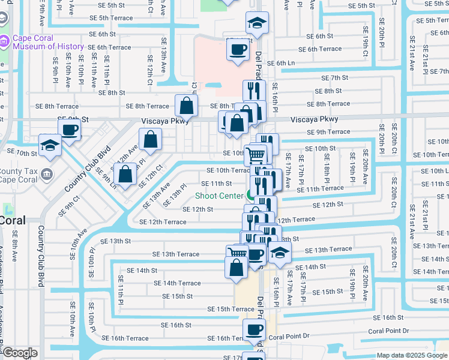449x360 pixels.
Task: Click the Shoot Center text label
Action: [x=218, y=196]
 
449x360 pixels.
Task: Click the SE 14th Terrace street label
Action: [x=177, y=283]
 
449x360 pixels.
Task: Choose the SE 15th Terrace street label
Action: [x=231, y=309]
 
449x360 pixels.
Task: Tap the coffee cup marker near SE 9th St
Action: [x=69, y=128]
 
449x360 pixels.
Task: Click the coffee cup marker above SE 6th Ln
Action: [x=238, y=49]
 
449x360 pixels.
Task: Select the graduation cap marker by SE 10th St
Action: [x=50, y=145]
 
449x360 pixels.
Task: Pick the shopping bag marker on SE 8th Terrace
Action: [x=187, y=106]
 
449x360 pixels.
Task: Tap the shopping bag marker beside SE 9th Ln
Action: [x=125, y=175]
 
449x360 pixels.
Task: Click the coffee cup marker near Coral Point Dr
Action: [x=254, y=329]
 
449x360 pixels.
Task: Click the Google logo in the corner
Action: [x=20, y=353]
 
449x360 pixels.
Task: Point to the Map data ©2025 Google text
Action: [x=411, y=355]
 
